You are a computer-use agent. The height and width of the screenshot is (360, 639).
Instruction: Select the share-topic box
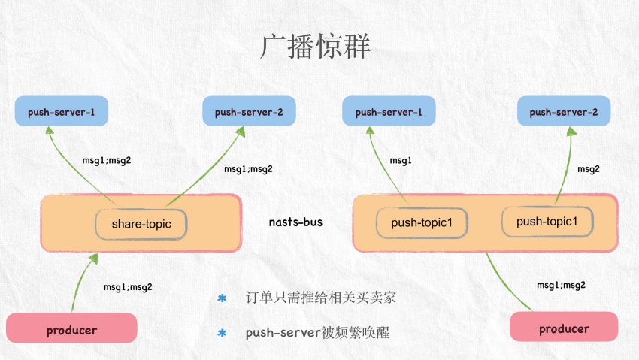coord(141,224)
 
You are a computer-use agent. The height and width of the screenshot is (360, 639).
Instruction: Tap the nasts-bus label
coord(295,222)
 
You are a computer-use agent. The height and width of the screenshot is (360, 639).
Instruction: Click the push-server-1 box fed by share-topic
coord(61,113)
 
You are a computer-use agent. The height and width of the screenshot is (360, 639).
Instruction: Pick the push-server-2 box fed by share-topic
coord(249,113)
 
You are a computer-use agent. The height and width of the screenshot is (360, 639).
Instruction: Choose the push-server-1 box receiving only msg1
coord(389,113)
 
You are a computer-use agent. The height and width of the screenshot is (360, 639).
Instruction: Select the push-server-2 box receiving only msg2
coord(563,113)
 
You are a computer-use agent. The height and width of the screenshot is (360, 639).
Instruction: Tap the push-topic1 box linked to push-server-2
coord(547,222)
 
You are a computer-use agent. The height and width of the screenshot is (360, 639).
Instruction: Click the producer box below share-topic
coord(71,329)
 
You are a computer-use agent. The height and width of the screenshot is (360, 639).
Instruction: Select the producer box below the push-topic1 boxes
coord(564,328)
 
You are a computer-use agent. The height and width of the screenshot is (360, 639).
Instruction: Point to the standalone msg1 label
coord(401,160)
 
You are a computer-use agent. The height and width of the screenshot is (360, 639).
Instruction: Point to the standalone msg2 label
coord(589,169)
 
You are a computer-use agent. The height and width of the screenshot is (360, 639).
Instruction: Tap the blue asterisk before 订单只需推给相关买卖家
coord(222,298)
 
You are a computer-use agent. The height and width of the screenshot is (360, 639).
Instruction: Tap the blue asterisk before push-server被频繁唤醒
coord(222,333)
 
